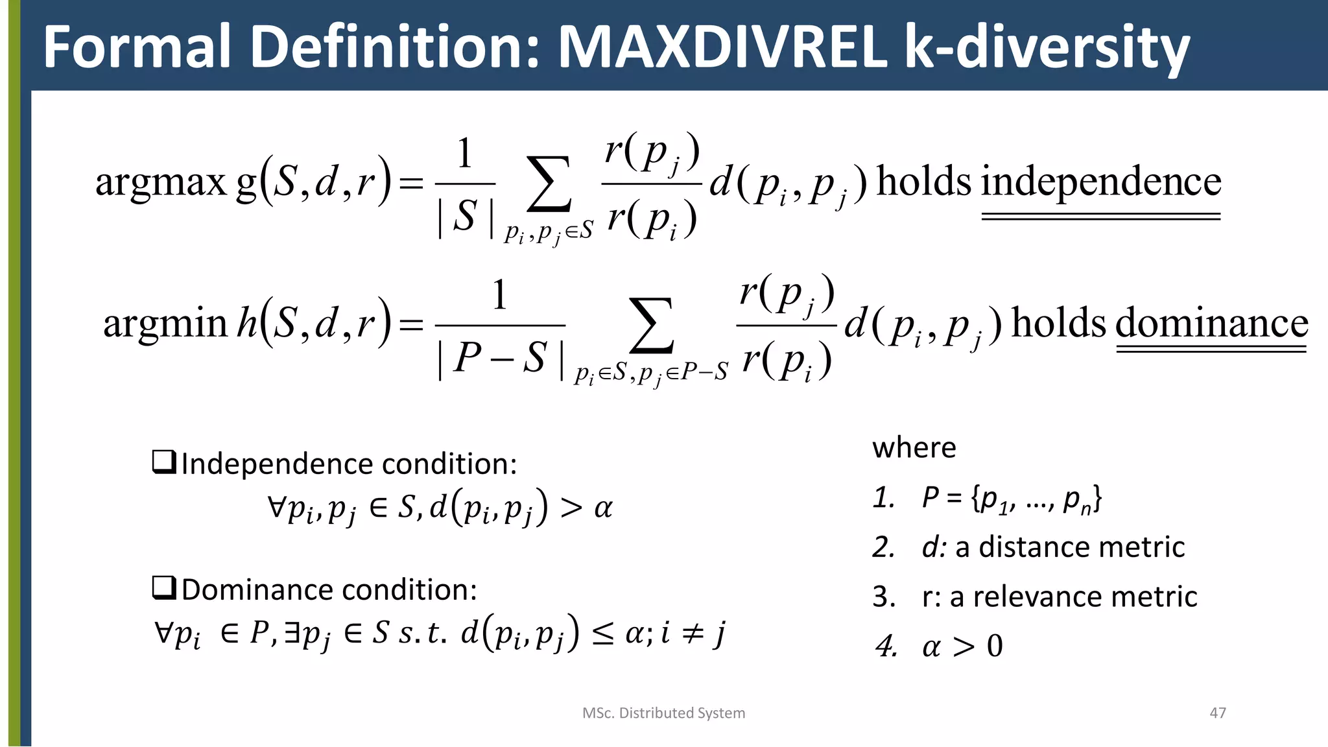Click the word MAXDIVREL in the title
click(x=721, y=47)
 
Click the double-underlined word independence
click(x=1101, y=182)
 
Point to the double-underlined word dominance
click(x=1211, y=323)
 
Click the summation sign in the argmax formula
click(x=549, y=184)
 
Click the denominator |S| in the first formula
click(x=465, y=217)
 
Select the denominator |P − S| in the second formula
click(x=501, y=358)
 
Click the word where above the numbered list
click(x=914, y=447)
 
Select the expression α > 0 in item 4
click(x=962, y=646)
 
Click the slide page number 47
click(x=1218, y=713)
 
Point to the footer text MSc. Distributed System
click(x=663, y=713)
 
